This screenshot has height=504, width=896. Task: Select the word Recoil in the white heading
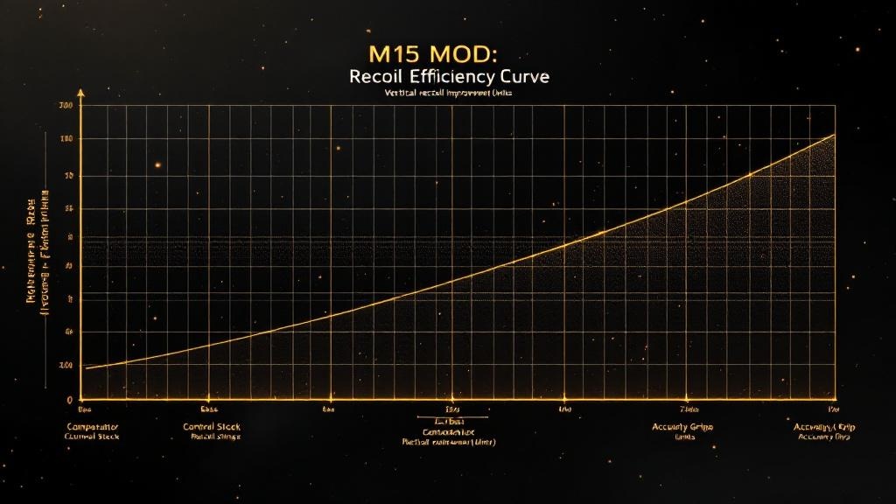tap(374, 77)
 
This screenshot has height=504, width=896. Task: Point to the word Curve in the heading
tap(523, 77)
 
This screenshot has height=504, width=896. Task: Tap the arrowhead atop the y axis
tap(80, 91)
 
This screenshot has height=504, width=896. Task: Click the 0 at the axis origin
tap(69, 399)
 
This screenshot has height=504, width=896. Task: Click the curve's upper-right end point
tap(835, 135)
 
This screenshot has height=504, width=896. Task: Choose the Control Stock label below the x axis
tap(211, 426)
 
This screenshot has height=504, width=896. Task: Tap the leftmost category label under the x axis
tap(92, 430)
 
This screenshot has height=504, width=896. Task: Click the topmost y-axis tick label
tap(66, 106)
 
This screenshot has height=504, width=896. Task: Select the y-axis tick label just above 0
tap(66, 365)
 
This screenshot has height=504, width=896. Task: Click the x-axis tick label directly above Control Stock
tap(208, 409)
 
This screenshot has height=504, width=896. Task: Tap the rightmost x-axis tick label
tap(832, 409)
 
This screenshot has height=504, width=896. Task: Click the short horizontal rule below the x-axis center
tap(448, 416)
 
